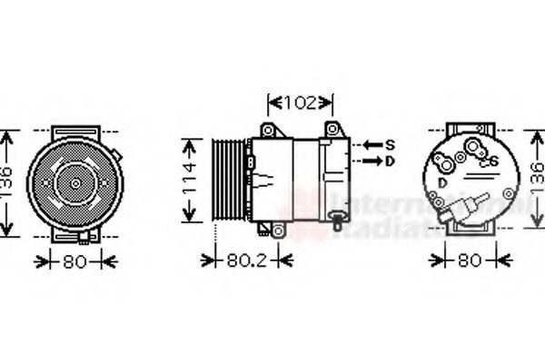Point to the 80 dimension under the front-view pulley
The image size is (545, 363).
(x=76, y=262)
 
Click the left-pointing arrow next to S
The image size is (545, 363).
(x=372, y=144)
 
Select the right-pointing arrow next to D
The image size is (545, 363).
(x=372, y=162)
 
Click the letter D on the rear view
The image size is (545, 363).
(x=441, y=183)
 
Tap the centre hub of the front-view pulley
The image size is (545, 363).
(x=75, y=181)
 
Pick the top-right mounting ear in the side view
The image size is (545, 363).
(x=332, y=128)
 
